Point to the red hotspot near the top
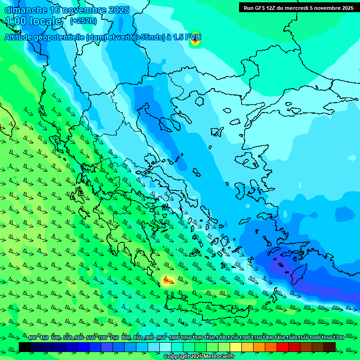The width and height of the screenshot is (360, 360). pyautogui.click(x=195, y=41)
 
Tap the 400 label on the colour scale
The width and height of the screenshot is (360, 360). pyautogui.click(x=32, y=337)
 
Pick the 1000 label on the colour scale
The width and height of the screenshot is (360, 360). pyautogui.click(x=174, y=337)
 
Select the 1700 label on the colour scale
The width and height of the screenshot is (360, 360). pyautogui.click(x=338, y=337)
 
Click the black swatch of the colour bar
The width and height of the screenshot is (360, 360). pyautogui.click(x=25, y=347)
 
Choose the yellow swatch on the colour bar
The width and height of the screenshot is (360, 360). pyautogui.click(x=236, y=347)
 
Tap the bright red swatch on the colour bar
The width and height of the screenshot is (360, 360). pyautogui.click(x=283, y=347)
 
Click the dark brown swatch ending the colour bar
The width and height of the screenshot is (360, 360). pyautogui.click(x=330, y=347)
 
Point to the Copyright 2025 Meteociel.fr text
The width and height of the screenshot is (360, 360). pyautogui.click(x=199, y=357)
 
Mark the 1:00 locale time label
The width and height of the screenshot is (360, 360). pyautogui.click(x=34, y=21)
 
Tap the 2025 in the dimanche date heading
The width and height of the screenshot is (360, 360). pyautogui.click(x=119, y=10)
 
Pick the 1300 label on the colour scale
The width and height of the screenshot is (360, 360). pyautogui.click(x=245, y=337)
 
